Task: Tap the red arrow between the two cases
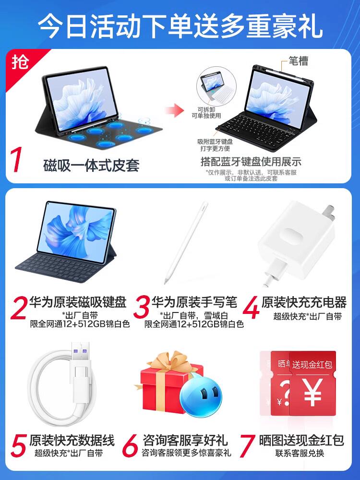coord(175,110)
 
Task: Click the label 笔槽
coord(299,61)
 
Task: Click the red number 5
coord(18,446)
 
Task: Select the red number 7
coord(247,446)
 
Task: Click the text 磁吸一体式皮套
coord(91,165)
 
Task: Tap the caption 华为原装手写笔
coord(194,302)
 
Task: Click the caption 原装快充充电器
coord(304,302)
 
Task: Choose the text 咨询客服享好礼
coord(185,440)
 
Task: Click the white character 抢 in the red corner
coord(20,62)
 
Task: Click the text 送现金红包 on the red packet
coord(312,364)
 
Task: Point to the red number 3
coord(142,307)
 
